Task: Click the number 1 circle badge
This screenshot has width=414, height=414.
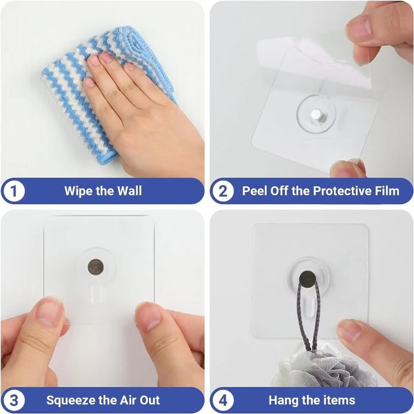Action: coord(14,191)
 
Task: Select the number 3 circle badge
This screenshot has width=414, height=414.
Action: coord(14,400)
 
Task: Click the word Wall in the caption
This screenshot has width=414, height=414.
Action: coord(128,191)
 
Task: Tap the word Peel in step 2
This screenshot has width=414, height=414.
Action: coord(254,191)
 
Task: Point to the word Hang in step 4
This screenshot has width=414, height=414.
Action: coord(283,400)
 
